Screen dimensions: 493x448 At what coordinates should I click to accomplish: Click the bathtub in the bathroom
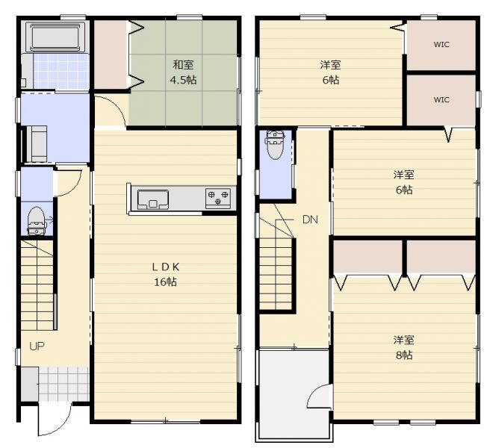(x=56, y=37)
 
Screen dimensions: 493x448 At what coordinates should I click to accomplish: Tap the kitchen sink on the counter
(x=153, y=199)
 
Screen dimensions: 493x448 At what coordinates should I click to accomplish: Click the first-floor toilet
(x=37, y=221)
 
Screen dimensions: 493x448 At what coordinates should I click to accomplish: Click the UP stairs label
(x=37, y=346)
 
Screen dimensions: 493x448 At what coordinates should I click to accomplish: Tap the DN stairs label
(x=310, y=220)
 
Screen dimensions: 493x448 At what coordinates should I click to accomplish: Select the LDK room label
(x=166, y=267)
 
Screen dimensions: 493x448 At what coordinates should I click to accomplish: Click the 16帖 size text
(x=166, y=282)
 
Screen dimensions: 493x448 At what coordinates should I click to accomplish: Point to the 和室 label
(x=183, y=65)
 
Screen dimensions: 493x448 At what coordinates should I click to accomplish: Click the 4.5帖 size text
(x=183, y=80)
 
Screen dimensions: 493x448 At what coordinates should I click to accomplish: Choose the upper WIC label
(x=441, y=45)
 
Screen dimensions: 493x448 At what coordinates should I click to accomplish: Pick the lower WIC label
(x=441, y=100)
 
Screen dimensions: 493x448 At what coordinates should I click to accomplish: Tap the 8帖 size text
(x=404, y=355)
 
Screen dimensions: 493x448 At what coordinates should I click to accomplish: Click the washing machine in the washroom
(x=37, y=143)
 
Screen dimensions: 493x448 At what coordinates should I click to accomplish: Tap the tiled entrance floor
(x=63, y=384)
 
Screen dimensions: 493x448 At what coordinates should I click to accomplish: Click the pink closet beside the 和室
(x=111, y=55)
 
